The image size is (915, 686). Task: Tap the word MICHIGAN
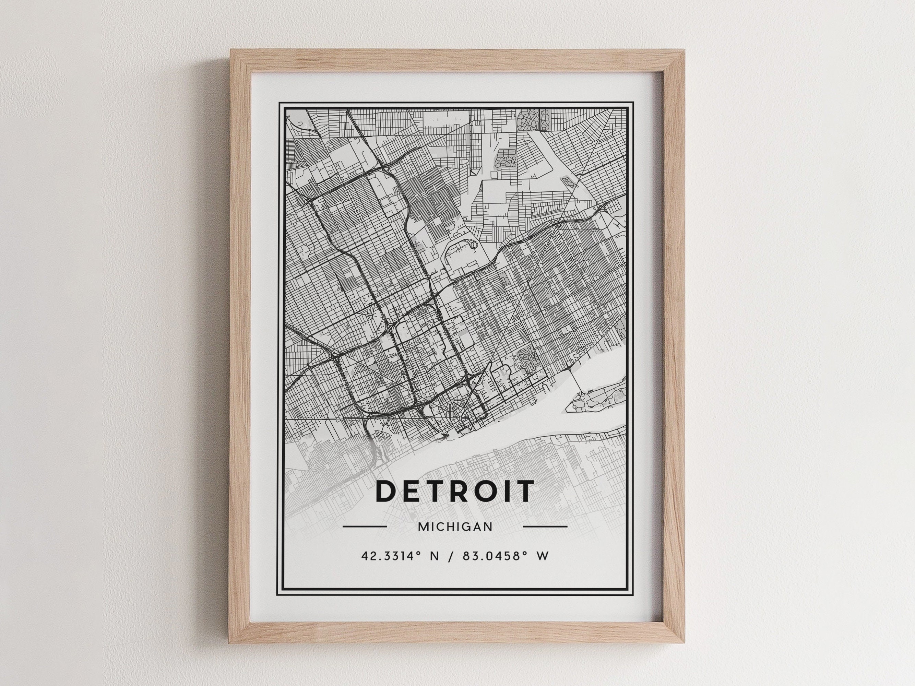pos(455,527)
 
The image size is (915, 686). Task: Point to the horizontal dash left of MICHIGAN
pos(365,527)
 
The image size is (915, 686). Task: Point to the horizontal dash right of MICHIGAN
pos(545,527)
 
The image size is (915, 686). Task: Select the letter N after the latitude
pos(434,556)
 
